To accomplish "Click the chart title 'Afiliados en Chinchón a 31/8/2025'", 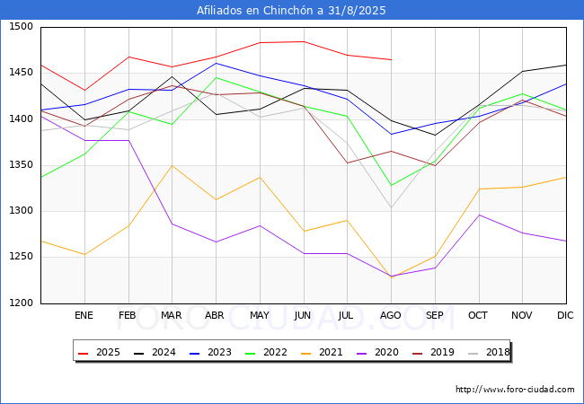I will coord(292,11).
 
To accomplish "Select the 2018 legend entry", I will coord(494,352).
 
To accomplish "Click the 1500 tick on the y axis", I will coord(21,27).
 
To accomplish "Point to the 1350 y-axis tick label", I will coord(21,165).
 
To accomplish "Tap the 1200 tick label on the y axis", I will coord(21,303).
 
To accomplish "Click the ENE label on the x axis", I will coord(84,316).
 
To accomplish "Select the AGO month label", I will coord(391,316).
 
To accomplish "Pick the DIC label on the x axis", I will coord(565,316).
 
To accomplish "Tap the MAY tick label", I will coord(259,316).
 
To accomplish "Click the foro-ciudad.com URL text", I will coord(515,390).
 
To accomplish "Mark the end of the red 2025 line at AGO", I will coord(391,60).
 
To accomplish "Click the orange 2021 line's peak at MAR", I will coord(172,165).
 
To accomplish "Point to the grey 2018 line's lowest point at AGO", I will coord(391,207).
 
